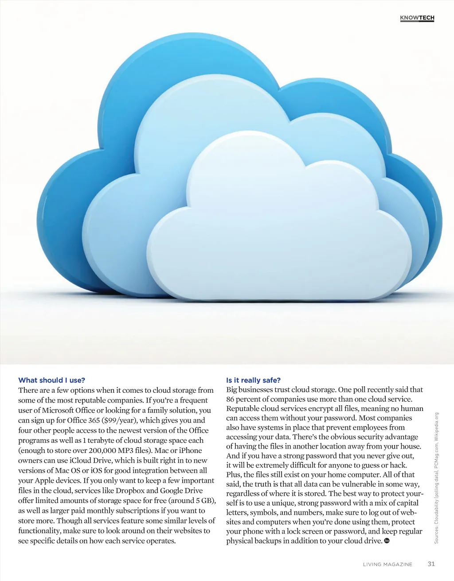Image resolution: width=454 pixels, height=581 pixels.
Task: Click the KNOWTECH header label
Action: pos(417,18)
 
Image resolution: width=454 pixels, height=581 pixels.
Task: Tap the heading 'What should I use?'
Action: pos(51,380)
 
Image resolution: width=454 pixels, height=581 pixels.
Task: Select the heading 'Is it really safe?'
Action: pos(253,380)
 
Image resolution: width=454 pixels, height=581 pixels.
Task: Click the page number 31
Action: pos(431,564)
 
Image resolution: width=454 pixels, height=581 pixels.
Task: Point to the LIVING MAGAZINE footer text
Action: pos(387,564)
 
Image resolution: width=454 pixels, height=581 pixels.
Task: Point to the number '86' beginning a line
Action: pos(230,399)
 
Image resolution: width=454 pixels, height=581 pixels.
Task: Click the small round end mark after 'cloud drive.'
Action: pos(387,541)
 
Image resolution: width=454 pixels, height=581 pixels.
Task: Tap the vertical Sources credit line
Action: pos(436,478)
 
